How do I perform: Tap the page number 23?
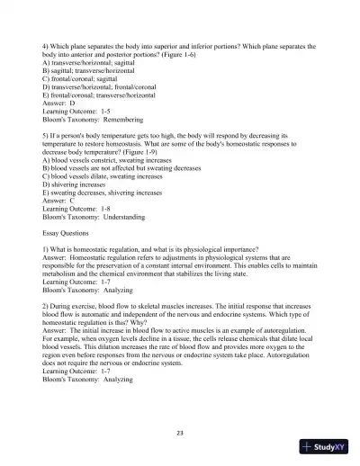tap(180, 433)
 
